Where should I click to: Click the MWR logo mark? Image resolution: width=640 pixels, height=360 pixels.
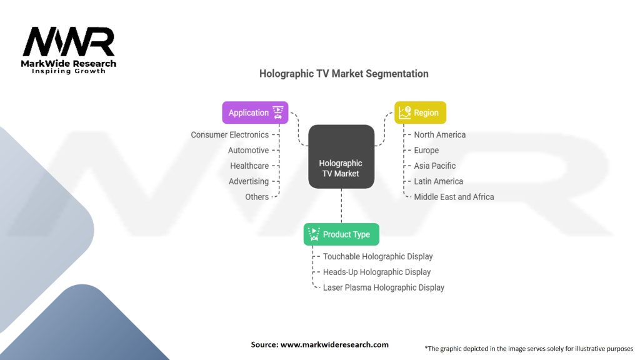[x=69, y=42]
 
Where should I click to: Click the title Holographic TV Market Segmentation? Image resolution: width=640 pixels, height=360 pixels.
[x=344, y=74]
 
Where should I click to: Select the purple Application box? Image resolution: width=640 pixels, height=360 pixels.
[x=255, y=112]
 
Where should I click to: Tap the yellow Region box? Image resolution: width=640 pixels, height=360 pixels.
[x=420, y=112]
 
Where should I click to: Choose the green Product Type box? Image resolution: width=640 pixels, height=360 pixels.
[x=341, y=234]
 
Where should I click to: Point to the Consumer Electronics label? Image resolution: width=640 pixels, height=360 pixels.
[x=229, y=135]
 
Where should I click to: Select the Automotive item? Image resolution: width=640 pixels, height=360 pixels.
[x=248, y=151]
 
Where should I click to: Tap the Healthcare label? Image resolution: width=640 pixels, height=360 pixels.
[x=249, y=166]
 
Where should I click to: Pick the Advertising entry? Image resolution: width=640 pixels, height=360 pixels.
[x=248, y=181]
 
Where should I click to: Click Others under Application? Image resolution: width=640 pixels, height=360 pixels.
[x=257, y=197]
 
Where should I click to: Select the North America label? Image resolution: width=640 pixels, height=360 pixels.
[x=439, y=135]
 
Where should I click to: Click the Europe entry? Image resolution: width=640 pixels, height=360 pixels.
[x=426, y=151]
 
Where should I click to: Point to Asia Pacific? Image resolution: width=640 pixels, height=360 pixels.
[x=434, y=166]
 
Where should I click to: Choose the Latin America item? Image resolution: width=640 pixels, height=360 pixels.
[x=438, y=181]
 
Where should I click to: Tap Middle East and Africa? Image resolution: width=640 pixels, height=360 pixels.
[x=454, y=197]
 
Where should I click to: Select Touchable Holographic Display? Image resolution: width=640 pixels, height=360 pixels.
[x=377, y=256]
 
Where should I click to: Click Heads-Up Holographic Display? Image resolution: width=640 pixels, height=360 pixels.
[x=376, y=272]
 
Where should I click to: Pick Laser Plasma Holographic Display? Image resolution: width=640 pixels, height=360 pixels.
[x=383, y=287]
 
